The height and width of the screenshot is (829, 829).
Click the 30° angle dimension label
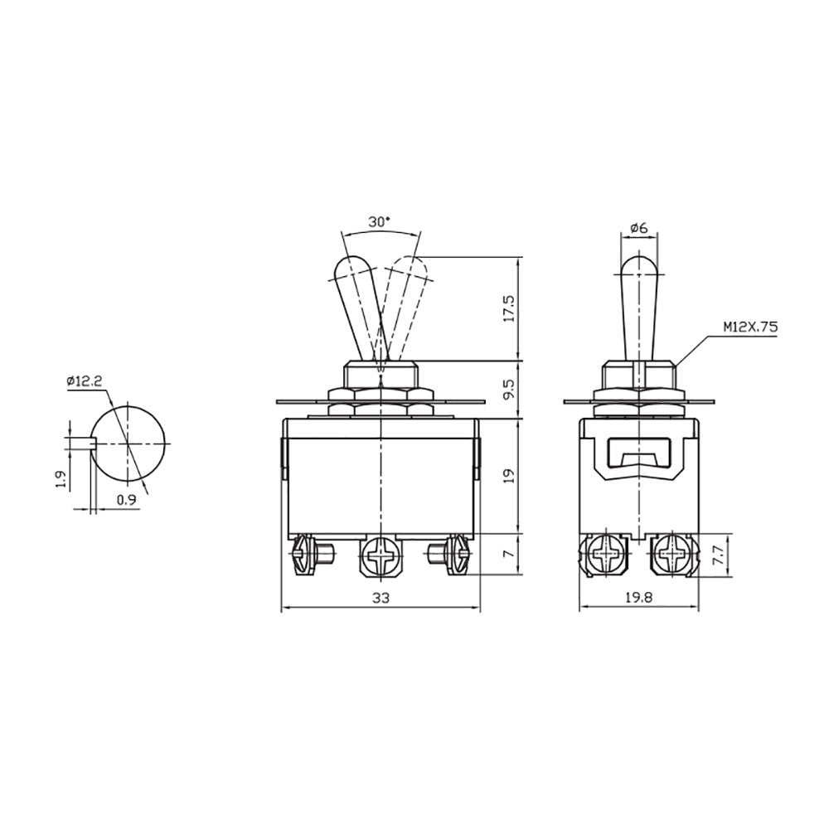[380, 222]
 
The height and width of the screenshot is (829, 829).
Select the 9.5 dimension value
[509, 390]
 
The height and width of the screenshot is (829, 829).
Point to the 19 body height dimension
[509, 477]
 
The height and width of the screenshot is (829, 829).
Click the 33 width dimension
[381, 598]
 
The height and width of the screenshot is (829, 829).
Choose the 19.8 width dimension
[638, 598]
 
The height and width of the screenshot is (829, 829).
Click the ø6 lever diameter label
[639, 229]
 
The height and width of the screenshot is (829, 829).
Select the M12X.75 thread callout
[751, 327]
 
